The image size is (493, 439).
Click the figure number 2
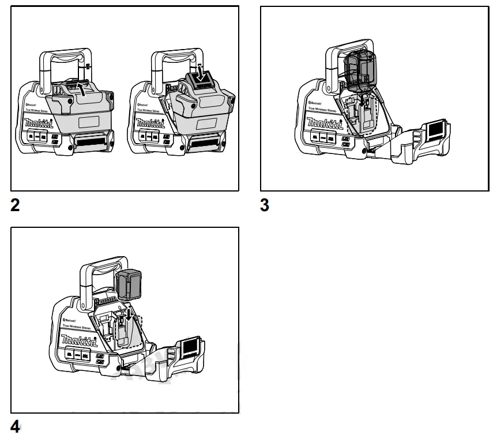click(16, 205)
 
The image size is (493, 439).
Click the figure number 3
click(265, 205)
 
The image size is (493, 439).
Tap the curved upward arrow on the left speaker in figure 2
click(85, 89)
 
